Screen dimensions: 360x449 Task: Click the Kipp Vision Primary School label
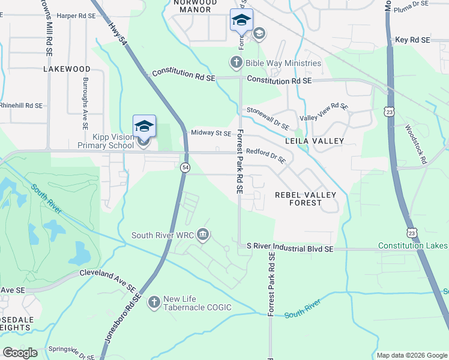click(x=106, y=141)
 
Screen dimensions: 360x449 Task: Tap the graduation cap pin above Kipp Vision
click(x=144, y=126)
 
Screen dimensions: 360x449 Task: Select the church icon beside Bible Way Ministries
click(x=237, y=62)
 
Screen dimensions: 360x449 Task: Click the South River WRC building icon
click(x=203, y=234)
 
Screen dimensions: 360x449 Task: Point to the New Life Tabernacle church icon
click(x=154, y=302)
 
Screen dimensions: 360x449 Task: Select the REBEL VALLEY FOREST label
click(x=306, y=199)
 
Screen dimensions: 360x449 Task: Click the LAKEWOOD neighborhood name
click(x=67, y=69)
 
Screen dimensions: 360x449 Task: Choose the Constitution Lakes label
click(x=412, y=246)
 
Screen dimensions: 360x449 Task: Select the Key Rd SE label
click(x=413, y=40)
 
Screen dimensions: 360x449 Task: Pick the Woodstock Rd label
click(x=415, y=145)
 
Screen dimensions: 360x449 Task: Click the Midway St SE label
click(x=210, y=133)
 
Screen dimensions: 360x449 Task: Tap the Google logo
click(x=20, y=353)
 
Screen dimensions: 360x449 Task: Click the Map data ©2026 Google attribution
click(x=411, y=355)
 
